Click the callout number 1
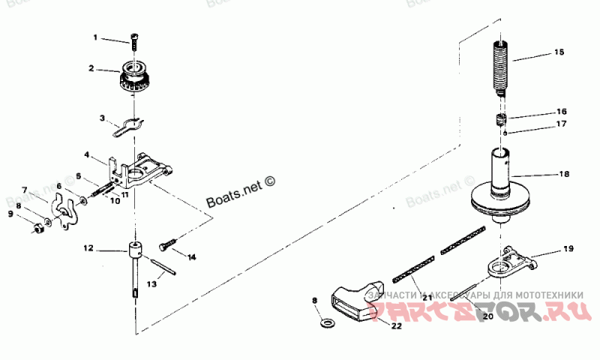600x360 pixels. coord(95,37)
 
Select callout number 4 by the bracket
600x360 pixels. coord(87,155)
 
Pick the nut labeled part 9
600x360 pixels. coord(35,227)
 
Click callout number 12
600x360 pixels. coord(88,247)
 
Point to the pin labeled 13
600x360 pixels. coord(160,267)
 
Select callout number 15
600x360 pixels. coord(558,52)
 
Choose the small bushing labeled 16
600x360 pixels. coord(500,120)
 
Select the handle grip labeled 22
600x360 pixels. coord(352,300)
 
